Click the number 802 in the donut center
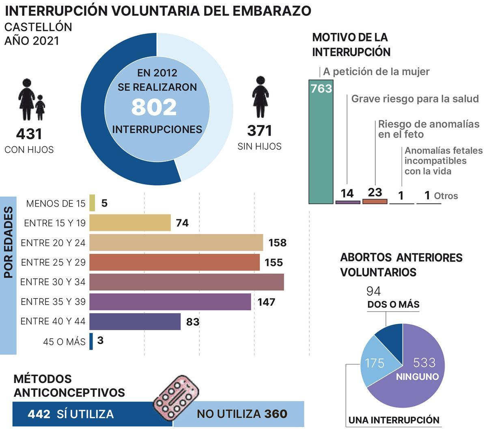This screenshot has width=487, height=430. point(154,107)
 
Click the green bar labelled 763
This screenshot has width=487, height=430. point(321,146)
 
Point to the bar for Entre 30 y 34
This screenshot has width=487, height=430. point(186,282)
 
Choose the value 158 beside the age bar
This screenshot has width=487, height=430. point(278,243)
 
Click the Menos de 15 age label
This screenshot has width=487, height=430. point(56,203)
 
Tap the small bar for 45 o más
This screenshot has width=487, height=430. point(91,341)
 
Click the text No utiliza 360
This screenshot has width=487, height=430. point(242,414)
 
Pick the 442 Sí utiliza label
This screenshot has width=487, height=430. point(71,414)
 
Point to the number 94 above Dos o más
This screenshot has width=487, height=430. point(373,291)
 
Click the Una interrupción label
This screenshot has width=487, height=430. point(394,420)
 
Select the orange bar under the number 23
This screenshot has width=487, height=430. point(375,201)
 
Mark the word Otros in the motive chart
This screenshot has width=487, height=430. point(446,196)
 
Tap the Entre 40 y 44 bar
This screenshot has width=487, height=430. point(135,322)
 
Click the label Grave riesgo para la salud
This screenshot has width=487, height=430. point(415,99)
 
